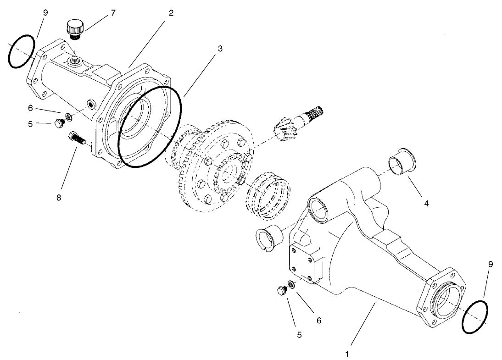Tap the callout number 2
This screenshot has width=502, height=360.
tap(171, 13)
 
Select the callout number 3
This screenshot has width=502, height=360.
tap(220, 49)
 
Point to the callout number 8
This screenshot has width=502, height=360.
tap(59, 198)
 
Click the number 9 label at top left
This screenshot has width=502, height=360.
tap(45, 13)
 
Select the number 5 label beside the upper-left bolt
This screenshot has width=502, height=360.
tap(30, 123)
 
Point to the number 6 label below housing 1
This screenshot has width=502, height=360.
tap(318, 320)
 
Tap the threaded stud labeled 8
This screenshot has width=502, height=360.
tap(77, 138)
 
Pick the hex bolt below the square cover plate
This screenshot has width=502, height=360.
tap(281, 290)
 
